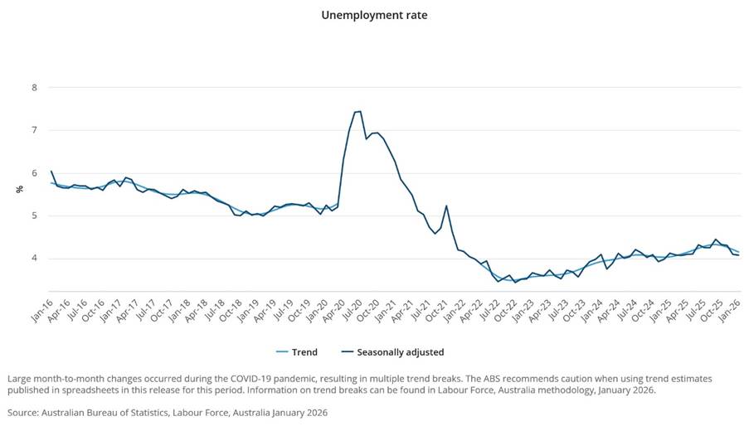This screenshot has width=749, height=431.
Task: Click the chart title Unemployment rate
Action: pos(374,15)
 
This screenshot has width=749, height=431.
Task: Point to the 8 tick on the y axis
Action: pos(34,87)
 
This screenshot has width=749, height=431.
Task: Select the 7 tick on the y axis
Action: pos(34,130)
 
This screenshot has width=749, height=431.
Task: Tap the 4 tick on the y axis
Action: pos(34,259)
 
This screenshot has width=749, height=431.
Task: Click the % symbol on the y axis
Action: pos(19,190)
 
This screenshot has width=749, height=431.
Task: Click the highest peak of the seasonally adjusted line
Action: pos(358,111)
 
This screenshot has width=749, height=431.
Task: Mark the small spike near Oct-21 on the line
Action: pos(446,206)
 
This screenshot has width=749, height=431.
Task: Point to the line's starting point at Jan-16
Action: pos(51,172)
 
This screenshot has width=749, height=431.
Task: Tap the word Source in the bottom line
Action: pos(24,411)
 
